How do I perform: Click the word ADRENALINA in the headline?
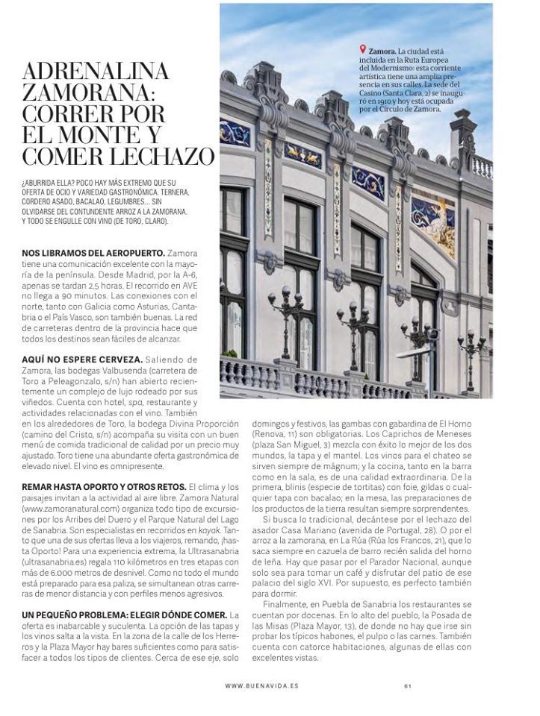pos(96,72)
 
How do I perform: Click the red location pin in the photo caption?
pos(362,51)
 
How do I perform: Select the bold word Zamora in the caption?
pos(382,52)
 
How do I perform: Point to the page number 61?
pos(409,686)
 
